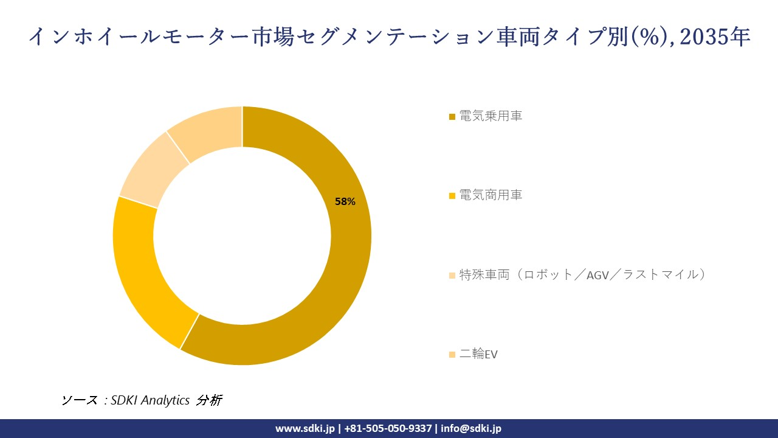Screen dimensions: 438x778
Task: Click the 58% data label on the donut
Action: click(x=345, y=201)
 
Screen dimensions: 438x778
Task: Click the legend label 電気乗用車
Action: click(x=491, y=116)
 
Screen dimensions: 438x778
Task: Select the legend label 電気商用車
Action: click(x=491, y=195)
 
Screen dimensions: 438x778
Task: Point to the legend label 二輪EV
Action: click(x=478, y=354)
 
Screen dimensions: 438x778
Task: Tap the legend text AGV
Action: click(x=599, y=275)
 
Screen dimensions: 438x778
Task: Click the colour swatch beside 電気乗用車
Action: click(x=452, y=117)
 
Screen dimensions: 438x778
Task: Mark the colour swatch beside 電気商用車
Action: click(x=452, y=196)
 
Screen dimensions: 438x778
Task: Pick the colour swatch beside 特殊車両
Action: click(x=452, y=276)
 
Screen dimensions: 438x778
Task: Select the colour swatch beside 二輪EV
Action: click(x=452, y=355)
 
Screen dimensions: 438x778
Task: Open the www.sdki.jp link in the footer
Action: click(x=305, y=428)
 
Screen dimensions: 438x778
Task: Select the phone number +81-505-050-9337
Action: click(x=388, y=428)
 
